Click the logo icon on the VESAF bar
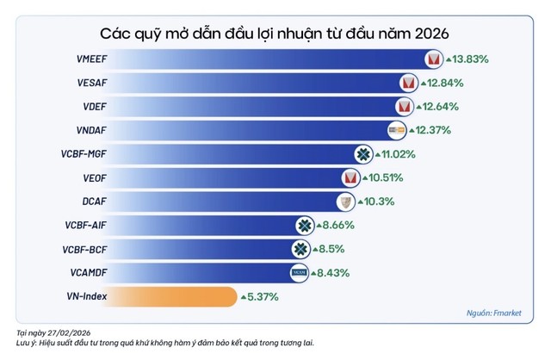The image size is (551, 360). (x=408, y=84)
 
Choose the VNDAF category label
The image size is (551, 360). (x=90, y=131)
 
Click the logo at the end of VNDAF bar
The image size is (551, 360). (x=397, y=130)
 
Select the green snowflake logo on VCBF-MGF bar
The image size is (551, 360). (x=364, y=154)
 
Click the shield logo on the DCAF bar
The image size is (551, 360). (x=345, y=202)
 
